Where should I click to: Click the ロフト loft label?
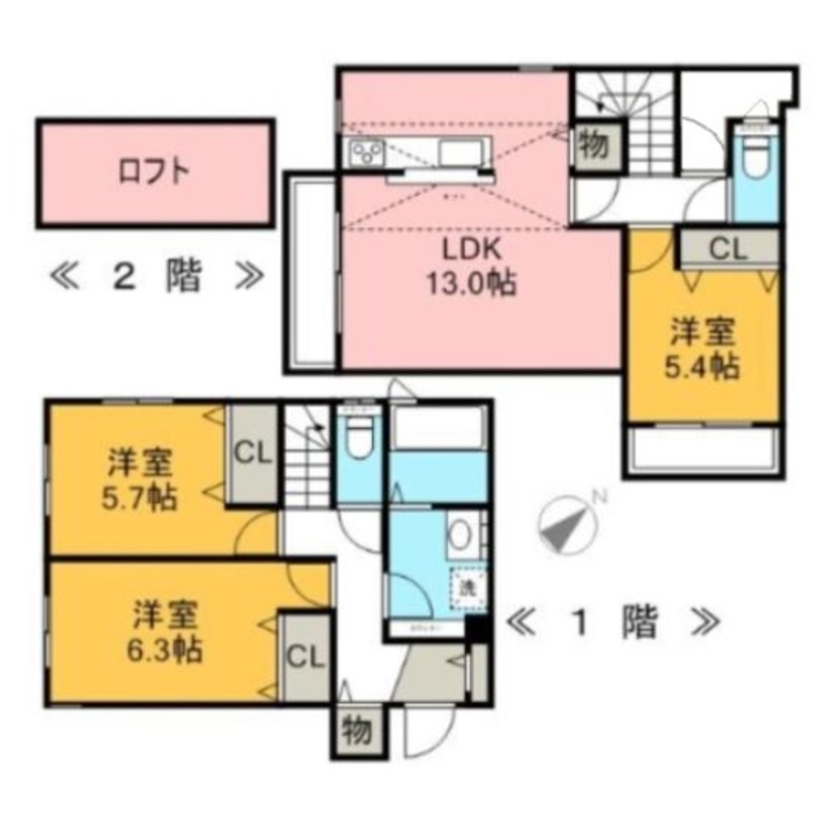point(155,172)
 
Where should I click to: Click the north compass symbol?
point(567,524)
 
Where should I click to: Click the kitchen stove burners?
point(367,152)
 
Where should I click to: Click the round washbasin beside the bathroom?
point(462,536)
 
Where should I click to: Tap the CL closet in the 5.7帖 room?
point(253,454)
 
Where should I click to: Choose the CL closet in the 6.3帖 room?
point(305,656)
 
